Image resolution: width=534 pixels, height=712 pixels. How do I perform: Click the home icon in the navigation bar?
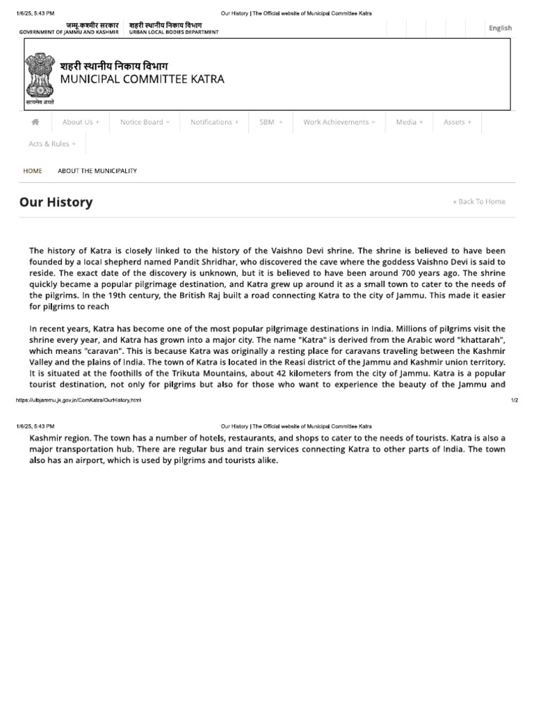35,122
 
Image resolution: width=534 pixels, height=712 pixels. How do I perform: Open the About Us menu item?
81,122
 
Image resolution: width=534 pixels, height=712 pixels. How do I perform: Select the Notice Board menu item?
145,122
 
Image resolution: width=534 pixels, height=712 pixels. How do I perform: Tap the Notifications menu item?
214,122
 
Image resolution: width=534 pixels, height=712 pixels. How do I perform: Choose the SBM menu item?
270,122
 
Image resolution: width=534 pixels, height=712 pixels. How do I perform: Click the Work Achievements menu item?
339,122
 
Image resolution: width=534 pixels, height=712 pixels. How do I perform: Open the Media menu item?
409,122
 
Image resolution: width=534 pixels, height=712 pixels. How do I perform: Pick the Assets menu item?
457,122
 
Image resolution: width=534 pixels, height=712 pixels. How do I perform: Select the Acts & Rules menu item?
52,144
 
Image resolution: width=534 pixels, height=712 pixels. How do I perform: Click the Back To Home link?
479,202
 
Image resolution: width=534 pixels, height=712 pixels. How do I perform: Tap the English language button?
500,28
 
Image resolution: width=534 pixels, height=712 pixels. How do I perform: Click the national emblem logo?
40,76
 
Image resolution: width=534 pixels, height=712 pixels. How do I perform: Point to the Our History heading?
56,202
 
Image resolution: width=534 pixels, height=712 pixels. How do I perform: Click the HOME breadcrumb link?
33,170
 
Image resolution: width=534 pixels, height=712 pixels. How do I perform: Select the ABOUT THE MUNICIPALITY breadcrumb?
97,170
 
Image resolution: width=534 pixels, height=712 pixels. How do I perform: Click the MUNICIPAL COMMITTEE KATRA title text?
142,79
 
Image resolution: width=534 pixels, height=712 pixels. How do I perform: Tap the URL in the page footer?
78,400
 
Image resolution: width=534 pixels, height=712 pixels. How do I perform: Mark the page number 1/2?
514,400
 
